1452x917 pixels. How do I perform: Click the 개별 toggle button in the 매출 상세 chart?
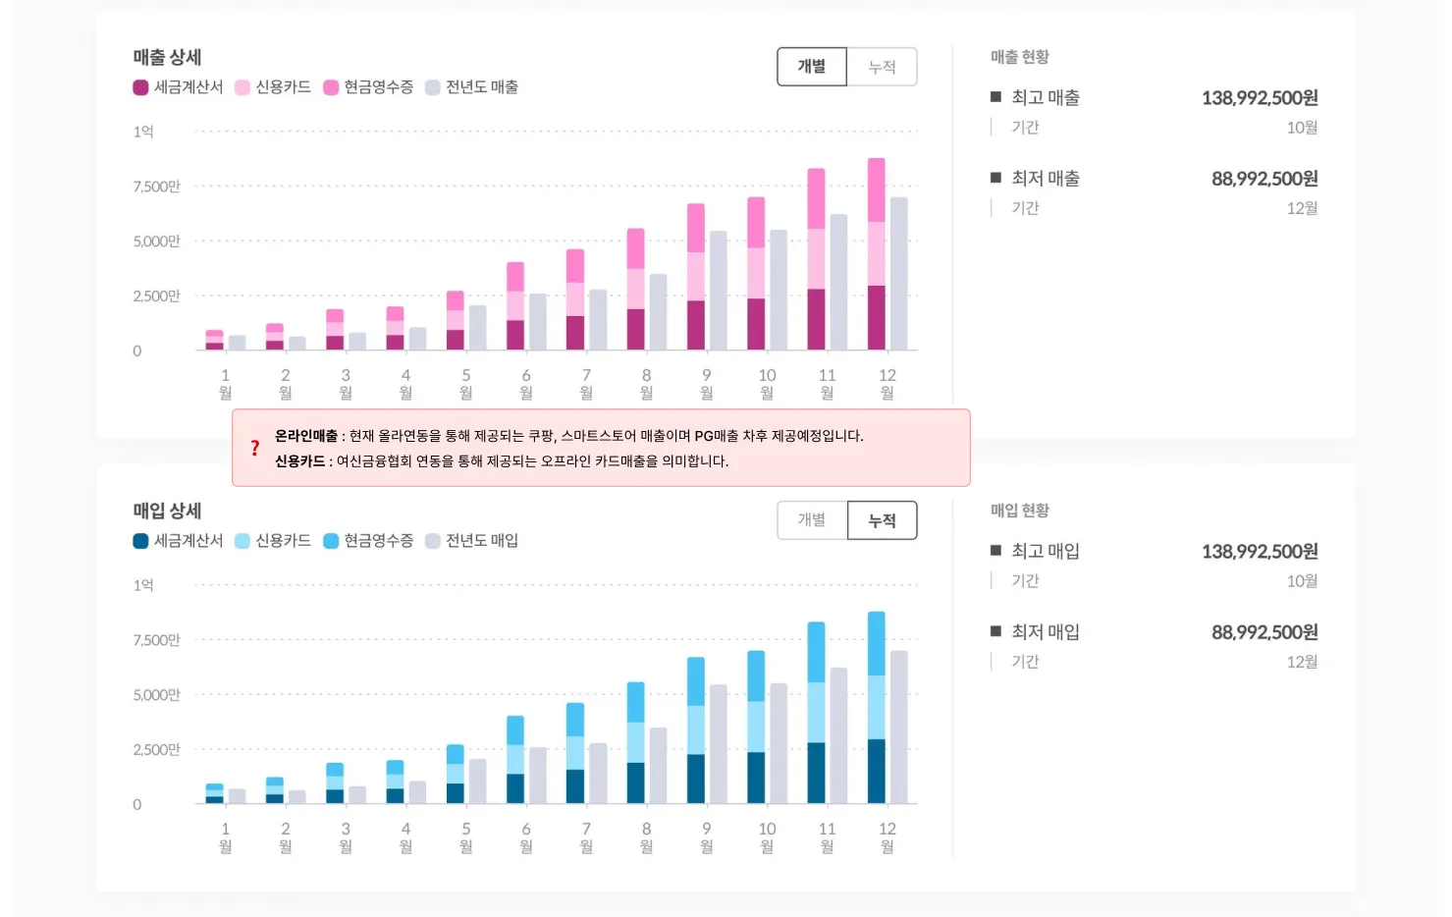pos(812,67)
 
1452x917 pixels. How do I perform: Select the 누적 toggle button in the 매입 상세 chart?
pos(882,520)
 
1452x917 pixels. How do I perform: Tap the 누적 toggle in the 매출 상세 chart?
pos(882,67)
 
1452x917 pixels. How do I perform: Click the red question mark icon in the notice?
pos(255,448)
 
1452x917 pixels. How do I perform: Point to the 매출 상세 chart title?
pos(167,57)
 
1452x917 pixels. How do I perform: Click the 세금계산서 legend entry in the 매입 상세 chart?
pos(178,541)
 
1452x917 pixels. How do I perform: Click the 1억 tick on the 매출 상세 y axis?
pos(143,132)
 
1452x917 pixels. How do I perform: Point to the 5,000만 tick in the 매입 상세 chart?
pos(156,695)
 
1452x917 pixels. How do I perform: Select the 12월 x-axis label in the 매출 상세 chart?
pos(887,383)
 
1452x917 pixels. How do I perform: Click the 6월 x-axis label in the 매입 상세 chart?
pos(526,836)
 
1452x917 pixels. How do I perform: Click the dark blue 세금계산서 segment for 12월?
pos(876,771)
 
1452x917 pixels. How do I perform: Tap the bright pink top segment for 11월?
pos(816,198)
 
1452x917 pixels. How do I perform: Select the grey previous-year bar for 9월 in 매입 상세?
pos(718,743)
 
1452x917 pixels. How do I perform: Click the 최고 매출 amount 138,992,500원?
pos(1260,98)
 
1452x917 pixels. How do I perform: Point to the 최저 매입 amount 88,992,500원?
pos(1264,632)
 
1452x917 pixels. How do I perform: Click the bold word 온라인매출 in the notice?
pos(306,436)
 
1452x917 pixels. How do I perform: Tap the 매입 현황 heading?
pos(1020,511)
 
